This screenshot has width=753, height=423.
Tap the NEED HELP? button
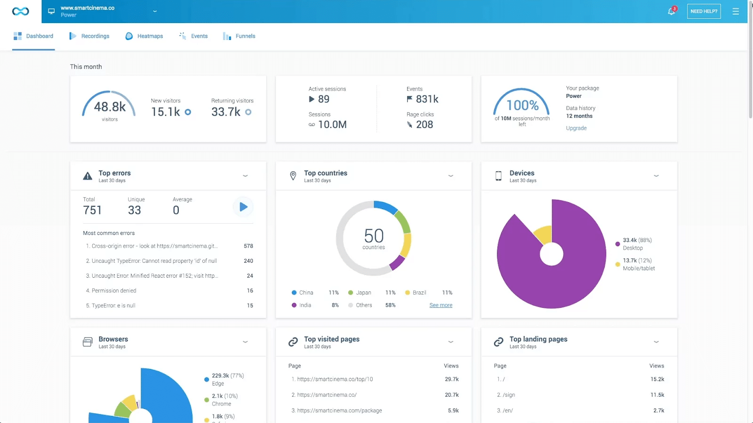(704, 11)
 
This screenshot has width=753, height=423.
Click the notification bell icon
(672, 11)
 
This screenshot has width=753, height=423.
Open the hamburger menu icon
(736, 11)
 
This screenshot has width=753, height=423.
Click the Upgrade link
(576, 128)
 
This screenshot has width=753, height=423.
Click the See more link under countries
(441, 305)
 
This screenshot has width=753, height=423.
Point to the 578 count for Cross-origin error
(248, 246)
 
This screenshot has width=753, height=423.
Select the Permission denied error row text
(113, 290)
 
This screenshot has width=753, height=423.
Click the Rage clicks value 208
(424, 125)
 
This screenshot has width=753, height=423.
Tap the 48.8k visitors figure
(110, 107)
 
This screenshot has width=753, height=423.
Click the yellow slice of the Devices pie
(543, 234)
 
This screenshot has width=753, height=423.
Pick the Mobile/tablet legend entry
(639, 268)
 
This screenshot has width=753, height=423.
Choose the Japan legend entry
(363, 292)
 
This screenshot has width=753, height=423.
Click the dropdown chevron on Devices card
(656, 176)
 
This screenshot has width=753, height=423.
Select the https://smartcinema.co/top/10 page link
(335, 379)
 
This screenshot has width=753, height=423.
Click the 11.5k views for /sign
(657, 395)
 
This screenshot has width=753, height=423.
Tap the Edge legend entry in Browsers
(218, 384)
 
